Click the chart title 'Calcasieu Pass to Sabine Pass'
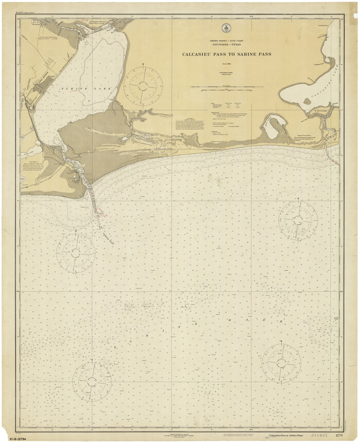coord(226,54)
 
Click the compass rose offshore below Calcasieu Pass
coord(298,220)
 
